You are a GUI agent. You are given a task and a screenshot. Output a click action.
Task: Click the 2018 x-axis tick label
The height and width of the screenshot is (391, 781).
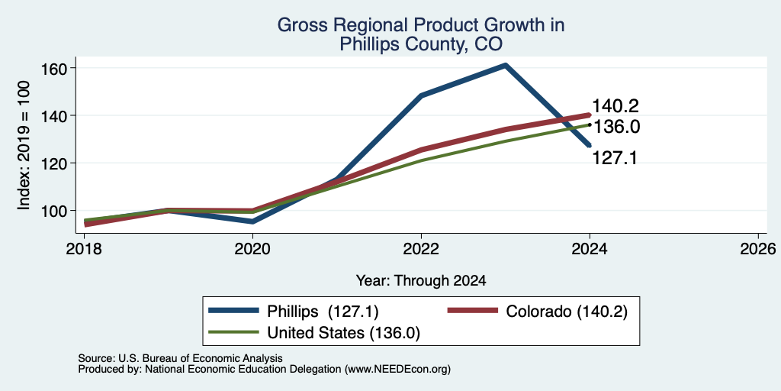click(x=84, y=248)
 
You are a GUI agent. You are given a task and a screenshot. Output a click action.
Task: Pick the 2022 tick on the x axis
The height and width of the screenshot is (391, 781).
click(x=421, y=248)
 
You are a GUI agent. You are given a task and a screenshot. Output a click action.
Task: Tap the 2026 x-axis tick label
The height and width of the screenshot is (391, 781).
click(x=758, y=248)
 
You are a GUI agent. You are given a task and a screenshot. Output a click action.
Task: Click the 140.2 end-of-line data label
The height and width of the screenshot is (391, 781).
click(x=615, y=106)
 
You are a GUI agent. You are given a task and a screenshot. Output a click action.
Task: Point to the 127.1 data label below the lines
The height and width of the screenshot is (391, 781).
click(x=615, y=158)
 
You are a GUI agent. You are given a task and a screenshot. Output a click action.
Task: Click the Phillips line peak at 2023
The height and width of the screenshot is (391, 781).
click(x=505, y=65)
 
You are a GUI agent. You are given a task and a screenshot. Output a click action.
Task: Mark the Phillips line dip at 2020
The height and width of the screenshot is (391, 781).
click(x=252, y=222)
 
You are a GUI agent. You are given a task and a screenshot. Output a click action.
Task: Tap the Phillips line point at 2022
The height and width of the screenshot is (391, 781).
click(x=421, y=95)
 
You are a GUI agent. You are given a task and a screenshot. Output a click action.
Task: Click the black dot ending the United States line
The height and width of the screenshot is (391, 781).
click(x=590, y=124)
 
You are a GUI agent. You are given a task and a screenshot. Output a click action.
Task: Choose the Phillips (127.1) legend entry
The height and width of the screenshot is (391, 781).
click(x=294, y=312)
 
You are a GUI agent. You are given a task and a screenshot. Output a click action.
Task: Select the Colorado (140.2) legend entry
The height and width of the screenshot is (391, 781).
click(x=538, y=312)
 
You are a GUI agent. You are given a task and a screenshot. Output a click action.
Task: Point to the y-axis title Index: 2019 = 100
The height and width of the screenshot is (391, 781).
click(x=24, y=146)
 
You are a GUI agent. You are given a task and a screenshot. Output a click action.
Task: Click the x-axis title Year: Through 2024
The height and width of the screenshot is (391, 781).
click(x=421, y=281)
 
